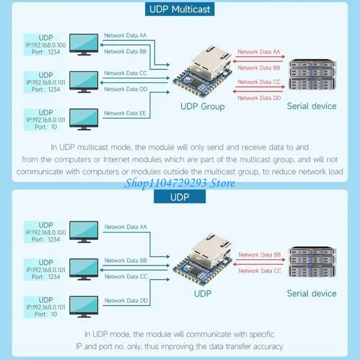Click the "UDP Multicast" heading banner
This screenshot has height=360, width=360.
point(180,9)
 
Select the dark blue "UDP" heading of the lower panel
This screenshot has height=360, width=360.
point(180,197)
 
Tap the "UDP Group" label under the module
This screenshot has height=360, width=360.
point(202,106)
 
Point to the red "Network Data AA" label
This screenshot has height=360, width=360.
point(259,52)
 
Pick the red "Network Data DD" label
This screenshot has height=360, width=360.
point(259,98)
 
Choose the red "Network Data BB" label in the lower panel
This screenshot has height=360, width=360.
point(260,255)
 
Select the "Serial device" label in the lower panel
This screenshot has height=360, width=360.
point(312,293)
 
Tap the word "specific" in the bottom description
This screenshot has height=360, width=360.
point(258,334)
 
